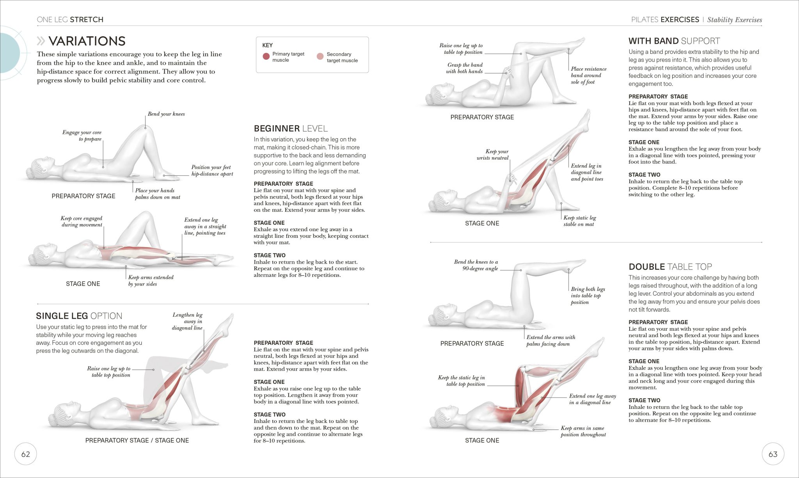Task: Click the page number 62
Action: pos(25,454)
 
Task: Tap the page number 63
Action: pos(772,454)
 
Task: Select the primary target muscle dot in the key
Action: pos(266,57)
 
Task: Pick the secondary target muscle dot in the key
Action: pos(320,57)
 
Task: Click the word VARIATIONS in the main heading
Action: pos(87,41)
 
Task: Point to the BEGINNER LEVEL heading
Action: pos(291,128)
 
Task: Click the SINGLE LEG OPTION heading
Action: pos(79,316)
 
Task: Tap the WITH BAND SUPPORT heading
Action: pos(674,41)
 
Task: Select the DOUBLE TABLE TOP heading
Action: pos(670,267)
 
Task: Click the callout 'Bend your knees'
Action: pos(166,114)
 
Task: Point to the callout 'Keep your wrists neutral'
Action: pos(493,155)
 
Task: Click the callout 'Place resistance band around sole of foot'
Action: pos(588,75)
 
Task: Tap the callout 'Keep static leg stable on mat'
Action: pos(579,221)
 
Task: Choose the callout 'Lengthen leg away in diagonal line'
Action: pos(188,321)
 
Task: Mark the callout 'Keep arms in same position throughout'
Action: pos(583,431)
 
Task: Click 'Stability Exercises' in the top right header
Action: pos(734,20)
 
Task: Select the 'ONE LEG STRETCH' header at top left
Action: pos(70,20)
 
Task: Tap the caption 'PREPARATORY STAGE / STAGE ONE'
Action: pos(137,441)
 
